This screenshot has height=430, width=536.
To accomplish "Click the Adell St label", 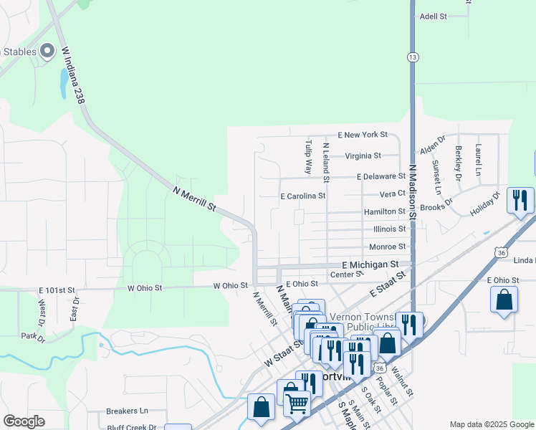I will pos(433,16).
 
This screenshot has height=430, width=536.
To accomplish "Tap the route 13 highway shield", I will pos(412,57).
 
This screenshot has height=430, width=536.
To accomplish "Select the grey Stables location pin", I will pos(47,50).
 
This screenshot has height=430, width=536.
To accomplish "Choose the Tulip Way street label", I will pos(308,157).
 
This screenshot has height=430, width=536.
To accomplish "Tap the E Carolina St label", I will pos(302,195).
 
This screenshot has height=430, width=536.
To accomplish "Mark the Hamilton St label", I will pos(385,211).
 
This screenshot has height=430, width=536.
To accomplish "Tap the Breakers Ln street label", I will pos(127,411).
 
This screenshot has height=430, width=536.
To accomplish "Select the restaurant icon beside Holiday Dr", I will pos(520,200).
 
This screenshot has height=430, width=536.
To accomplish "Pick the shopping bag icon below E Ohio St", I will pos(504,300).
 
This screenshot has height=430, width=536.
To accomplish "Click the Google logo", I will pos(24,421).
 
